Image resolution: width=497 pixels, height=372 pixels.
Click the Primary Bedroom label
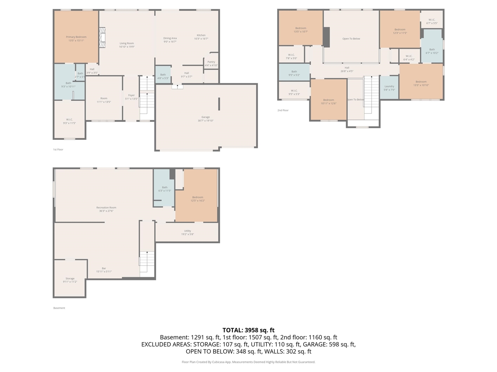(76, 39)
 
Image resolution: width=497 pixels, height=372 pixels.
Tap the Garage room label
(205, 119)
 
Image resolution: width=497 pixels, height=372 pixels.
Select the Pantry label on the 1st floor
(211, 64)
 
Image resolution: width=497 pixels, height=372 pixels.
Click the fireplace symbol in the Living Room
(103, 38)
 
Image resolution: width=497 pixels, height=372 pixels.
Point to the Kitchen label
(201, 37)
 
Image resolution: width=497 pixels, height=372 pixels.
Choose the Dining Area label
(170, 40)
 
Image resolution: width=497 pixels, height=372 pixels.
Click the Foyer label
(131, 97)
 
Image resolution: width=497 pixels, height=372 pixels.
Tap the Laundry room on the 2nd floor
(389, 88)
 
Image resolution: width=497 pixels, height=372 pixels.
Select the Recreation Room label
(106, 209)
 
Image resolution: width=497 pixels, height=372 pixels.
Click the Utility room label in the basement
(188, 232)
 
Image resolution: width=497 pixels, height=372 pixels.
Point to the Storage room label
(70, 280)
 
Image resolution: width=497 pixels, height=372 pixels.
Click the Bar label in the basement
(104, 270)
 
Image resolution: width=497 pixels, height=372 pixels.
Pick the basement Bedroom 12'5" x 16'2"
(198, 199)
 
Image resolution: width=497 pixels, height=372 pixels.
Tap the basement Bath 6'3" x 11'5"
(165, 189)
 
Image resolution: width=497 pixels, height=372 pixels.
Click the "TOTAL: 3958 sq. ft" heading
(248, 330)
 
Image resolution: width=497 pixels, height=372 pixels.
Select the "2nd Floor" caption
(283, 110)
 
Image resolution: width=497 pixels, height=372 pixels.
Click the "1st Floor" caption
(58, 150)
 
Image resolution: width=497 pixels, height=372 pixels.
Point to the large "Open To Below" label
(351, 39)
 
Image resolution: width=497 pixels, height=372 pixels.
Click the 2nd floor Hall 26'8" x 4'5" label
(347, 69)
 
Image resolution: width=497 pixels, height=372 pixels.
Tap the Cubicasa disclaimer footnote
(248, 362)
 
